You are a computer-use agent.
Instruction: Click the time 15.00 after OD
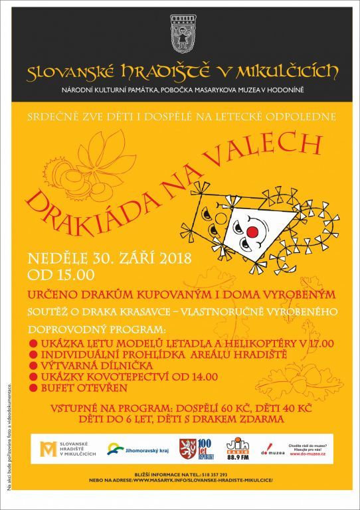[x=73, y=274]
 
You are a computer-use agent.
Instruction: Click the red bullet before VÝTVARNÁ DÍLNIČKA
[x=33, y=365]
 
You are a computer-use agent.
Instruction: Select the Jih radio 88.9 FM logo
[x=237, y=448]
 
